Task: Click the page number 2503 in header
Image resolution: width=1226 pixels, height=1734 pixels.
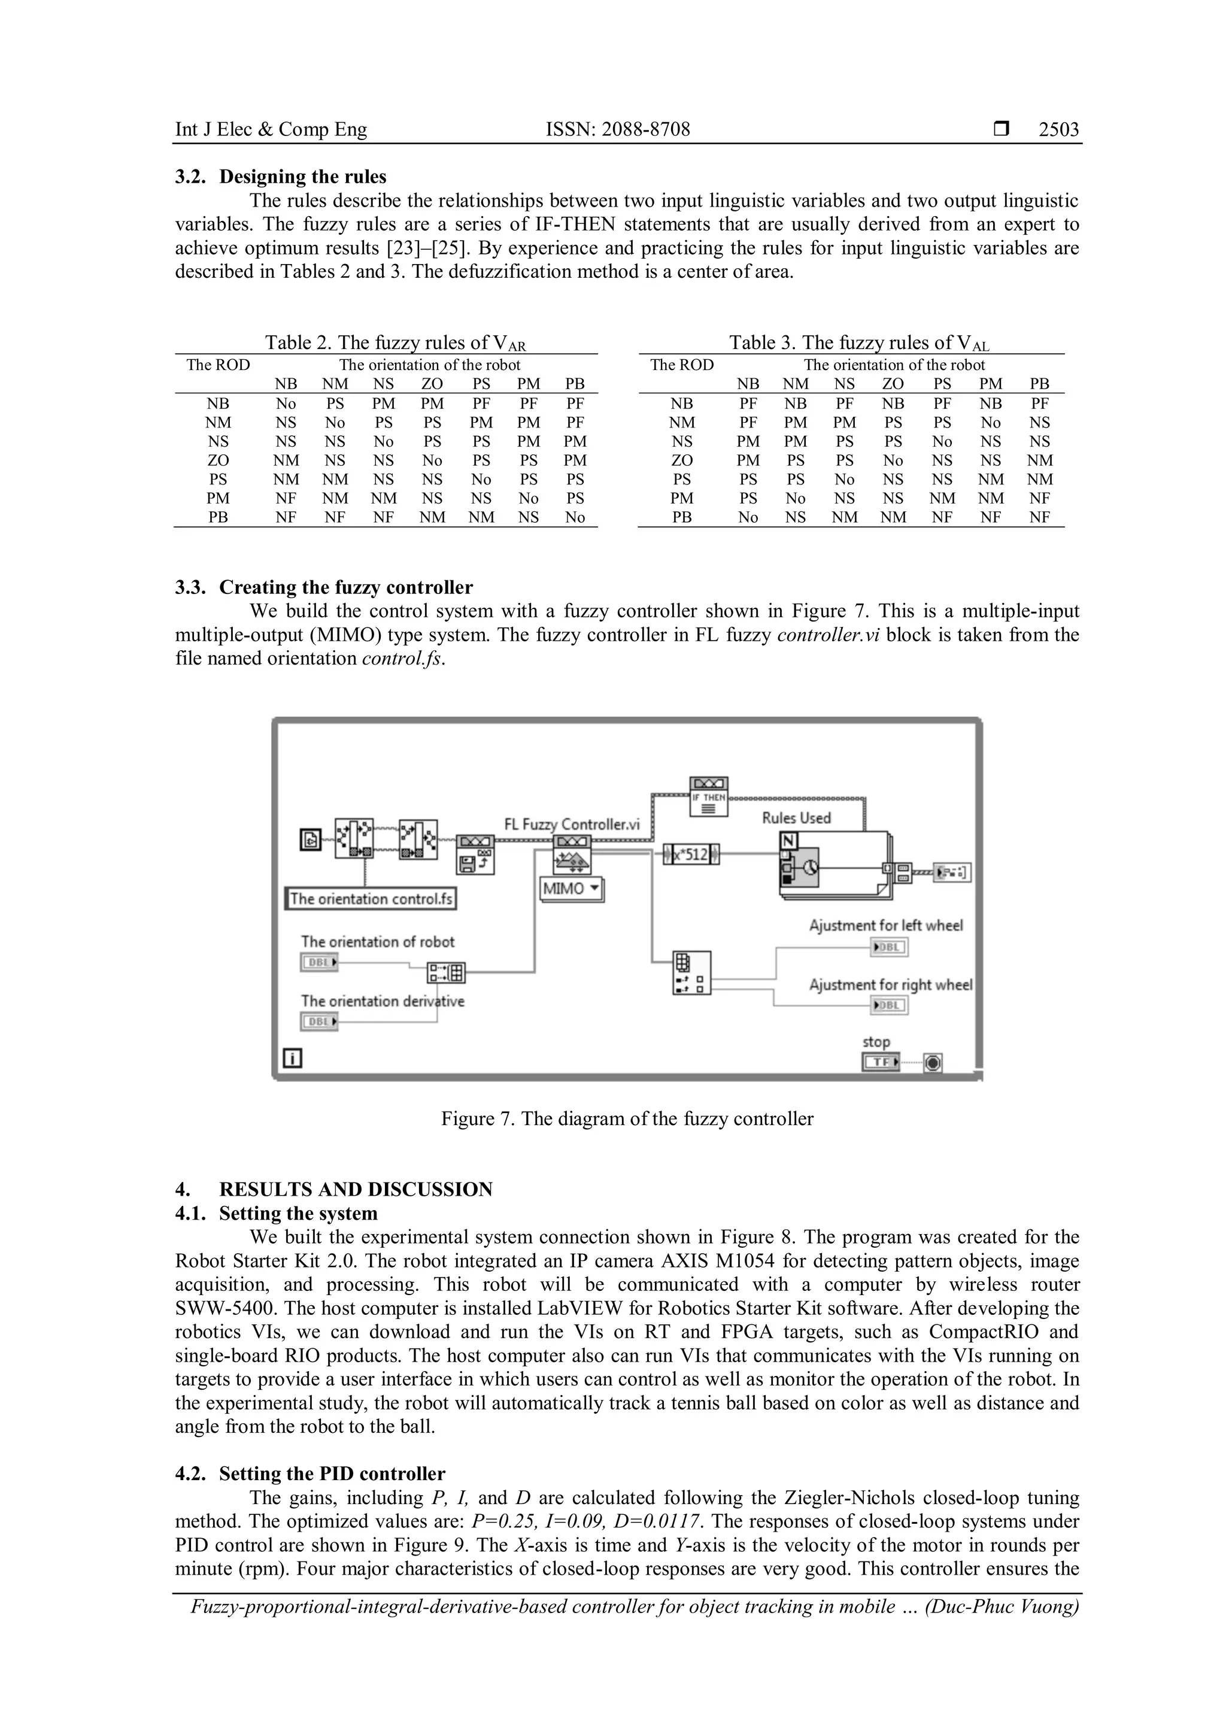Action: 1058,129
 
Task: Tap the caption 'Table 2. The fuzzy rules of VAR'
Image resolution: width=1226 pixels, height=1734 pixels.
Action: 395,343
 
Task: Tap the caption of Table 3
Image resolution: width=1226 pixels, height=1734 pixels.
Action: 858,343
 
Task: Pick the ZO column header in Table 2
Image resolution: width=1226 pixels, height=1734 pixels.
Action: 432,384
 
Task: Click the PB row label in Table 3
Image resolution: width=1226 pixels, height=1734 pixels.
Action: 682,517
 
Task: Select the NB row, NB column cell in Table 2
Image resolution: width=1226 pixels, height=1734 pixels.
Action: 286,404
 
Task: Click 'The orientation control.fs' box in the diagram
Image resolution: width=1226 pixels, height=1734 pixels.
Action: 371,899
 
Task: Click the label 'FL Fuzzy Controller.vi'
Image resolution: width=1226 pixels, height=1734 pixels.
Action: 572,824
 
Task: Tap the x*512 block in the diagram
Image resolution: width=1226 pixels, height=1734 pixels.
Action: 691,855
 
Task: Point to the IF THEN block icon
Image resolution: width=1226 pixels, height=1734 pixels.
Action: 708,798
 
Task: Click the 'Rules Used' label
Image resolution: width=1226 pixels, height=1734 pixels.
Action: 796,818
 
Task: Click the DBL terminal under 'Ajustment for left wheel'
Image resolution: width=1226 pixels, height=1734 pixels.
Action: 888,947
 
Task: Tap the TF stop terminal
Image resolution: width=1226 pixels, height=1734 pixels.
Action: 880,1062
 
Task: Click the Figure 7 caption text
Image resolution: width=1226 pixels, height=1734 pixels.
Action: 627,1118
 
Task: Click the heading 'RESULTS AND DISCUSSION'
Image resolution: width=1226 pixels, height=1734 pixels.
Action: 355,1190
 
